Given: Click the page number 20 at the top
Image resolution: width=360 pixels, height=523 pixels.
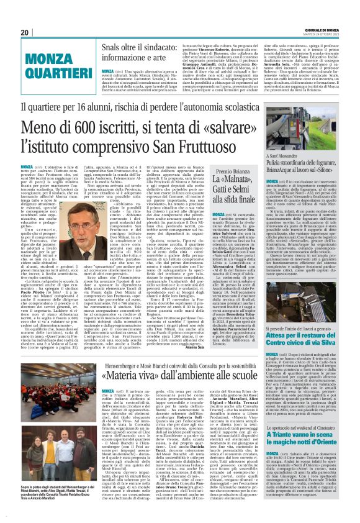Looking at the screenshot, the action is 24,32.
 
